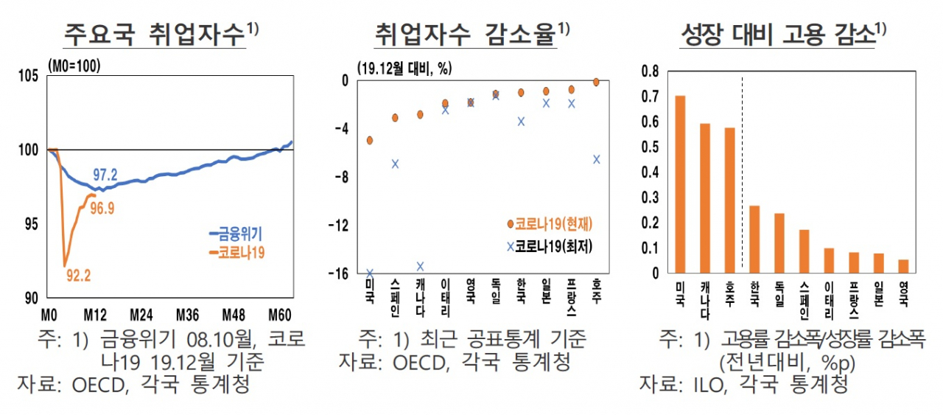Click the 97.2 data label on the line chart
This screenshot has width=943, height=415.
(x=105, y=175)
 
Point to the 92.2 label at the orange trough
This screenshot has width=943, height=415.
(x=79, y=276)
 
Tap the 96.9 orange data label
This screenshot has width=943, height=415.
(x=102, y=208)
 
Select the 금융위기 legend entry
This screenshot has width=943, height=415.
(x=236, y=234)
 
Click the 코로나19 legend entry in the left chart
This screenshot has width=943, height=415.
(x=237, y=252)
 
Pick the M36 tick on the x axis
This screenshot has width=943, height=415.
(x=187, y=315)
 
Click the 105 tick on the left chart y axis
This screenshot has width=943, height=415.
(x=28, y=76)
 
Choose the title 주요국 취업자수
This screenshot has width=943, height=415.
(x=155, y=35)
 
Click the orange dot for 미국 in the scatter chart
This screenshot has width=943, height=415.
(x=370, y=140)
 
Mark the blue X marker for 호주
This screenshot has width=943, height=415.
(x=597, y=159)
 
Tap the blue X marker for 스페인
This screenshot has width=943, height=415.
(x=395, y=164)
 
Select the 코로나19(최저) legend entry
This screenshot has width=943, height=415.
(x=550, y=246)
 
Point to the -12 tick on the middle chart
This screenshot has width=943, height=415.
(x=339, y=226)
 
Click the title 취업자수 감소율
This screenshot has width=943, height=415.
(x=466, y=35)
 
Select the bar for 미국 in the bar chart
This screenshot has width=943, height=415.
(x=680, y=184)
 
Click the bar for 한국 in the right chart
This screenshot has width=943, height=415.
(x=754, y=240)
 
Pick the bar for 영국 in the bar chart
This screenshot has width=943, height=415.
(x=903, y=266)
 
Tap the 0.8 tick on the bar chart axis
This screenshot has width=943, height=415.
(x=650, y=72)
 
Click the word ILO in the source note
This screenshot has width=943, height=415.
(x=709, y=384)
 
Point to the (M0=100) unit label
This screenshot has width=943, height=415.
(x=74, y=66)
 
